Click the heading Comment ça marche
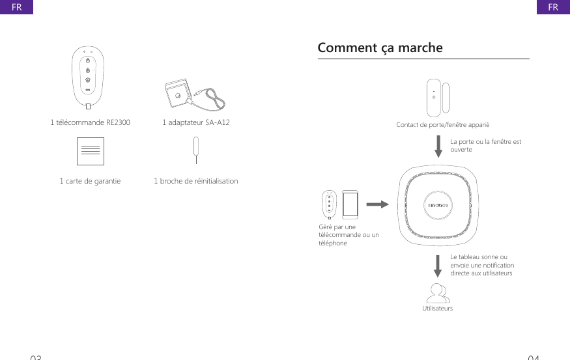point(380,48)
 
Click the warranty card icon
point(90,152)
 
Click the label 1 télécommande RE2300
point(90,122)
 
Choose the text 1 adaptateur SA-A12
point(195,122)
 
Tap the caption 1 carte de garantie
point(90,181)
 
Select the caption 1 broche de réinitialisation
point(195,181)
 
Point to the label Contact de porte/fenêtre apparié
point(443,124)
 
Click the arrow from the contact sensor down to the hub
point(438,145)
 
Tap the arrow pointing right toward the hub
point(376,204)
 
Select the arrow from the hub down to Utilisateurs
point(438,266)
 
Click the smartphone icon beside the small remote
point(350,204)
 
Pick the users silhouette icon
point(438,292)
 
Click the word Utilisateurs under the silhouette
point(438,308)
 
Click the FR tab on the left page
point(16,7)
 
